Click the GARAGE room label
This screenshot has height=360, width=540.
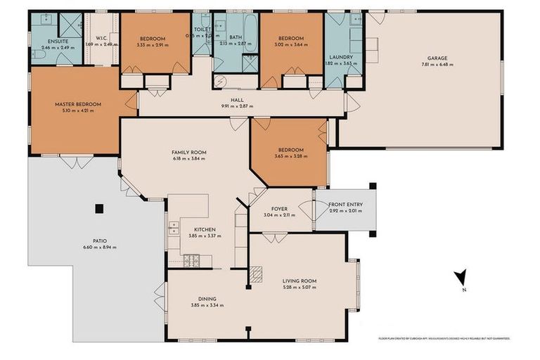click(437, 58)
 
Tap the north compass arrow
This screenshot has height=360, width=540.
click(458, 278)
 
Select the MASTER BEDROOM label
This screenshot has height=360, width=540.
click(78, 104)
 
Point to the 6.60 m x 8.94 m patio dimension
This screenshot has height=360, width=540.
click(100, 247)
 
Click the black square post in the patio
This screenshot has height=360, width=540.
click(99, 208)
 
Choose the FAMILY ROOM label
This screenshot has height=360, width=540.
click(188, 152)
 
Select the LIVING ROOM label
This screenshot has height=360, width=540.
click(299, 281)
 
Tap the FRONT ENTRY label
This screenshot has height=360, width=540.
click(345, 205)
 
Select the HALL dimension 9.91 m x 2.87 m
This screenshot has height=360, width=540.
click(237, 106)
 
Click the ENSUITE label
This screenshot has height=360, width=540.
click(49, 41)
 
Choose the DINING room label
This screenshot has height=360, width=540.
click(207, 298)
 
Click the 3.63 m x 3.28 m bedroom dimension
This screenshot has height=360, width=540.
click(290, 156)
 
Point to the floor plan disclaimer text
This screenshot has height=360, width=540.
click(444, 338)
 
